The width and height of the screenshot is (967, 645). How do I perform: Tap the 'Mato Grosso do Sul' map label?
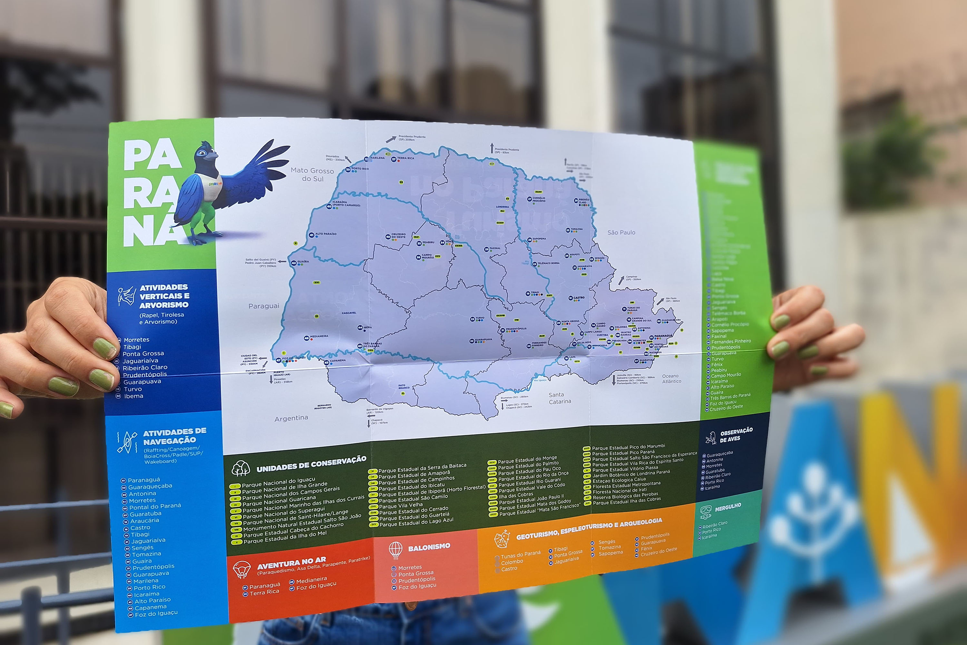(x=312, y=174)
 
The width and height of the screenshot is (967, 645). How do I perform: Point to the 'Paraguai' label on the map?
(x=264, y=306)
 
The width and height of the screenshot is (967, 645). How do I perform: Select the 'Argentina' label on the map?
(x=291, y=418)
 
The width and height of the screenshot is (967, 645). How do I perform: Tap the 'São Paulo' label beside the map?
(x=621, y=233)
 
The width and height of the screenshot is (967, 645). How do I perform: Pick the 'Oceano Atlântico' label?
(x=671, y=378)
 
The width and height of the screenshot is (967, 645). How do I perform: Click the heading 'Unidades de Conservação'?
(x=311, y=464)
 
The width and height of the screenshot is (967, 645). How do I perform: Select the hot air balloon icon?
(x=396, y=550)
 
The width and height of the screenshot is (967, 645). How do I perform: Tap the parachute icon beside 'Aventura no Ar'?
(x=241, y=570)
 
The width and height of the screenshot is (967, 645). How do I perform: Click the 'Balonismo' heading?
(x=429, y=547)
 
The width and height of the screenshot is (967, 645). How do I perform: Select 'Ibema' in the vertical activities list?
(x=134, y=396)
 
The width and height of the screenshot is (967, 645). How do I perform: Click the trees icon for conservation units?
(x=241, y=469)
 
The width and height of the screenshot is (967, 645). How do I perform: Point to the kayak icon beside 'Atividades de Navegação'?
(x=127, y=442)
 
